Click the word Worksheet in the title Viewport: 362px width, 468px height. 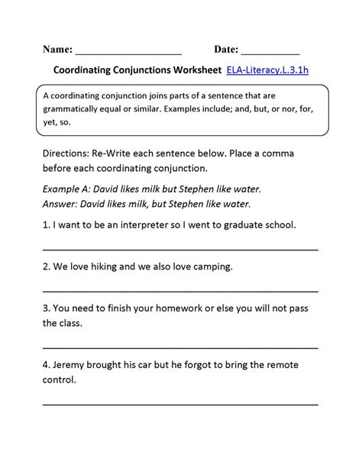190,71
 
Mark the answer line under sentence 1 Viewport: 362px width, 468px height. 180,250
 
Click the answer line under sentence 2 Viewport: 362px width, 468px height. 180,291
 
